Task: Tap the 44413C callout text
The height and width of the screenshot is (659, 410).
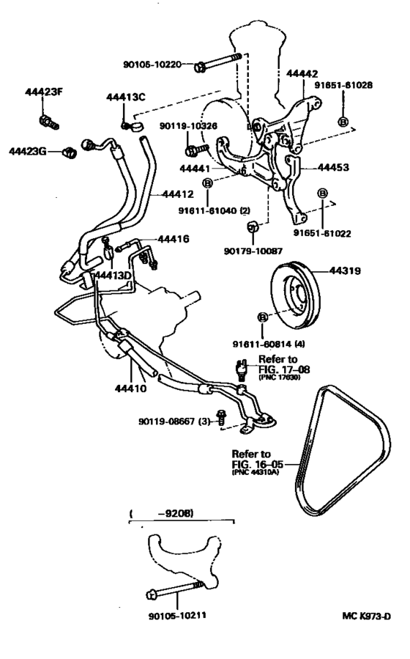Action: [x=126, y=97]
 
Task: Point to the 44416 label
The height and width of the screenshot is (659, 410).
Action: [x=174, y=239]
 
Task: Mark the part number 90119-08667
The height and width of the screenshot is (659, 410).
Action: [x=168, y=421]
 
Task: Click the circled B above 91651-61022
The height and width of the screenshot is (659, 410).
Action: [x=322, y=193]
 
